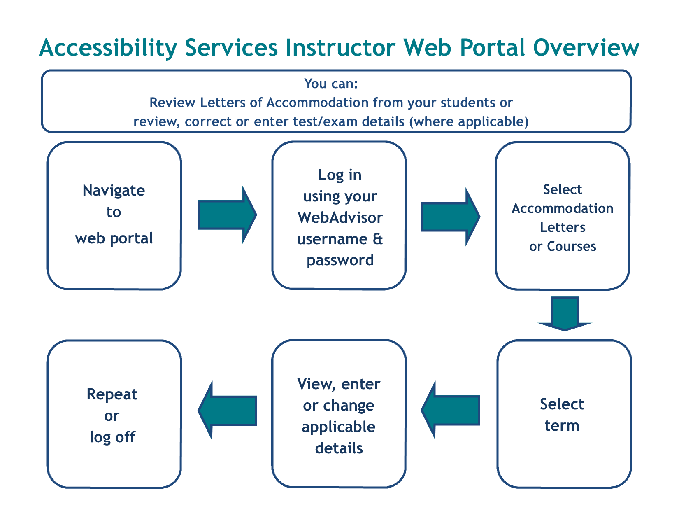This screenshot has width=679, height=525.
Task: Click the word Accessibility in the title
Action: point(108,48)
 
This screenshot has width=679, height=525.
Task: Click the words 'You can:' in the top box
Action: point(331,84)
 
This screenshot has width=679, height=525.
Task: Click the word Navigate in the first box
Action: point(114,191)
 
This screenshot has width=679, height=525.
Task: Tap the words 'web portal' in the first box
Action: point(114,238)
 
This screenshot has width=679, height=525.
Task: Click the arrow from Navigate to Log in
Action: point(226,215)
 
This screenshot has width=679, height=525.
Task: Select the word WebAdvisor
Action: point(340,217)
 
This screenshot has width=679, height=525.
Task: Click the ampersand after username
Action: point(377,239)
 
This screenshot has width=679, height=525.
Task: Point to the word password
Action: point(340,260)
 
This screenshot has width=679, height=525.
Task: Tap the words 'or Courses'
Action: point(562,247)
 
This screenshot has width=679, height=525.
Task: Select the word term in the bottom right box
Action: point(562,426)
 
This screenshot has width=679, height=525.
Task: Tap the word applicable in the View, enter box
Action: point(338,427)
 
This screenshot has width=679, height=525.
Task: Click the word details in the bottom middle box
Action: point(339,448)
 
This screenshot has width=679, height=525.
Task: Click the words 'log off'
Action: point(112,437)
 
